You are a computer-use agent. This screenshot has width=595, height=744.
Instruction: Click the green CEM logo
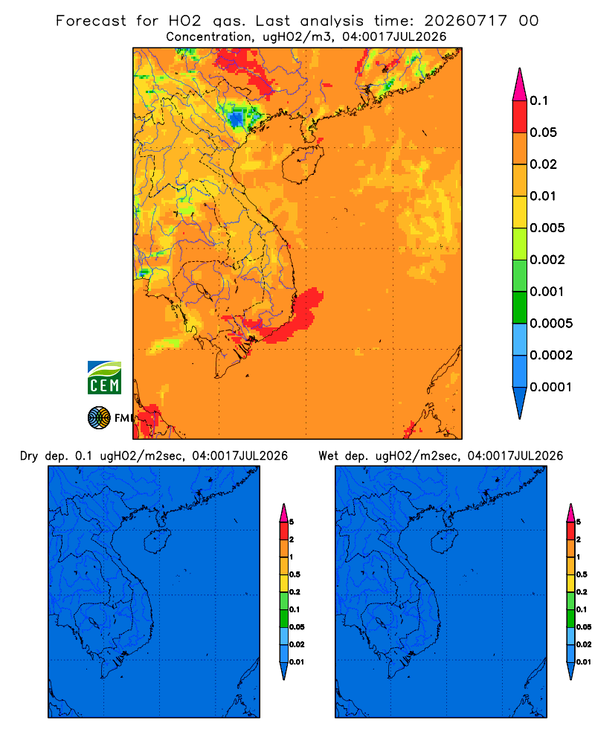pos(104,378)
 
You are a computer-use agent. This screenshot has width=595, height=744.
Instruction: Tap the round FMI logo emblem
pos(99,418)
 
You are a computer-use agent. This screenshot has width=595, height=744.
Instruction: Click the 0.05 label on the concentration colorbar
pos(543,132)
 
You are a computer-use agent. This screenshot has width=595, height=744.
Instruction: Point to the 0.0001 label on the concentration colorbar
pos(550,387)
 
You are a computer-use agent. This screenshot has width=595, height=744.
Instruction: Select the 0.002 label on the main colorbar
pos(547,260)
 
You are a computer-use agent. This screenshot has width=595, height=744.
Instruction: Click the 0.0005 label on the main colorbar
pos(551,324)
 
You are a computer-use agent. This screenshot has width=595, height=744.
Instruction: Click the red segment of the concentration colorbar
pos(520,116)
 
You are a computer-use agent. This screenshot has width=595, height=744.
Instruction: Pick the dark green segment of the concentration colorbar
pos(520,307)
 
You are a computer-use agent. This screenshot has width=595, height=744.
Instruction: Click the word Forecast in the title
pos(91,21)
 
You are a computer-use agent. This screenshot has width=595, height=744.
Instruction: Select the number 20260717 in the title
pos(466,21)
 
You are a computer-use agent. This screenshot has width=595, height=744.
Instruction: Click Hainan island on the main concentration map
pos(303,164)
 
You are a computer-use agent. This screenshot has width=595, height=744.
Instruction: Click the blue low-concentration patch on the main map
pos(237,118)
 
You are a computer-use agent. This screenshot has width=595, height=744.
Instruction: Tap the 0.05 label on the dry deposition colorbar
pos(297,627)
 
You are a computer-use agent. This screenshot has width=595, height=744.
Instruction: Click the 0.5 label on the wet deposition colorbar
pos(582,574)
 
